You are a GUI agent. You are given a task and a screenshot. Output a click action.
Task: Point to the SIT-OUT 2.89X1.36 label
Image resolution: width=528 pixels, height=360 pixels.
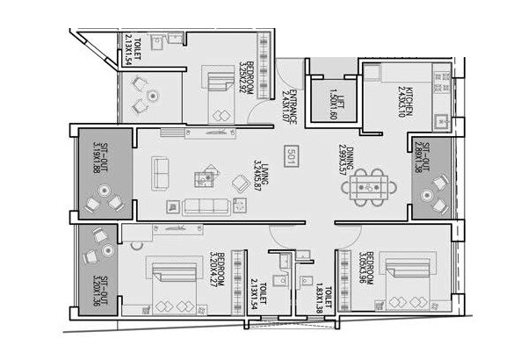(x=424, y=159)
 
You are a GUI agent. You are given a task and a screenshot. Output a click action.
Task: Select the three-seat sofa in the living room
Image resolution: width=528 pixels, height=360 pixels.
(x=203, y=208)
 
